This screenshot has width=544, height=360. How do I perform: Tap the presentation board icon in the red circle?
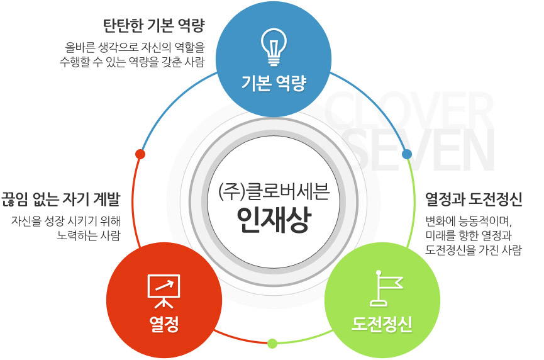point(164,291)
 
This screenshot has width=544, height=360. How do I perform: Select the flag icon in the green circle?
point(386,288)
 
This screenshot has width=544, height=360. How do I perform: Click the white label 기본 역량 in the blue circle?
point(274,83)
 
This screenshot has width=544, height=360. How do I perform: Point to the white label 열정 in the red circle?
point(164,324)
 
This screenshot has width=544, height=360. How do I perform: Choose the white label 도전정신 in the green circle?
point(382,324)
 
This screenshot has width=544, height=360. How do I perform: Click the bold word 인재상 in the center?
point(274,220)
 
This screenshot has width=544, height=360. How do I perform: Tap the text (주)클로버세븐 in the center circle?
point(274,191)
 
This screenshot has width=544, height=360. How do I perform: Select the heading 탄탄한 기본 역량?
point(153,25)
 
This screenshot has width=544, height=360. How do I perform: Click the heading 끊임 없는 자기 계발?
point(61,199)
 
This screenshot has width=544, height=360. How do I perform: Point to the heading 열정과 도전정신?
point(474,199)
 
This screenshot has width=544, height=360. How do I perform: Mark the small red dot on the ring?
point(140,154)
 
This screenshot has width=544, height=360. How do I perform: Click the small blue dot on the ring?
point(407,154)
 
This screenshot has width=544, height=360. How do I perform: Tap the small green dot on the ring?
point(272,344)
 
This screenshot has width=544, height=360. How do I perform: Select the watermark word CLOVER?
point(409,110)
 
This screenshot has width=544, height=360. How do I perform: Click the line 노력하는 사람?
point(89,236)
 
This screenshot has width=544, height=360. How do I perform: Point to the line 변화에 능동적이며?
point(469,221)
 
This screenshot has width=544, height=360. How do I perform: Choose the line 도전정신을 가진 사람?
point(474,250)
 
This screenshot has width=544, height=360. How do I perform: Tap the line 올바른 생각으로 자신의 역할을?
point(135,47)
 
